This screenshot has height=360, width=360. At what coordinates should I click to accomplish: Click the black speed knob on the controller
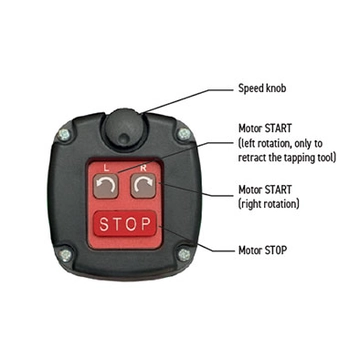(123, 128)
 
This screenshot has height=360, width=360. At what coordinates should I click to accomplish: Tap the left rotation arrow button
(105, 186)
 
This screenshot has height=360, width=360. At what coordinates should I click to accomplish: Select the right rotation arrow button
(143, 186)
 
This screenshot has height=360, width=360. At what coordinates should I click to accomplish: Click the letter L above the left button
(106, 168)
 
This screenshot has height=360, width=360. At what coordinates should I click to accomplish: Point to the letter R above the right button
(143, 168)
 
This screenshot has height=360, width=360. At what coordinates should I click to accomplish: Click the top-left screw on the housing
(64, 135)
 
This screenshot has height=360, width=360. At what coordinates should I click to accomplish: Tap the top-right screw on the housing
(184, 134)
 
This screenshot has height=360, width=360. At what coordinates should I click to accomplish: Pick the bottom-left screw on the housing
(65, 255)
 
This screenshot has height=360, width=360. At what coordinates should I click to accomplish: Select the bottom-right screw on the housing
(184, 255)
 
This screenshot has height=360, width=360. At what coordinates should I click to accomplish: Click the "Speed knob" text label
(262, 89)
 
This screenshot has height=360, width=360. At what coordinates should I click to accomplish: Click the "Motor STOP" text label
(262, 250)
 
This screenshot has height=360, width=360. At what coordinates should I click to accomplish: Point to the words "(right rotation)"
(269, 203)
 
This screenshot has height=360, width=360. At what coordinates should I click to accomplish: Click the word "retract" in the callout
(252, 157)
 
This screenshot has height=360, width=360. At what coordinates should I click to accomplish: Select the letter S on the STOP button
(104, 224)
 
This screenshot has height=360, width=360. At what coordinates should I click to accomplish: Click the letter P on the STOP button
(146, 224)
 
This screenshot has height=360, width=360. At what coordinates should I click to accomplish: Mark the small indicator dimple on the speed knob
(124, 138)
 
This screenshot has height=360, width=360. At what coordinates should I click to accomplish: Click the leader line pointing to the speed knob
(188, 100)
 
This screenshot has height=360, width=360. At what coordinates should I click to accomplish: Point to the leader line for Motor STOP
(197, 239)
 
